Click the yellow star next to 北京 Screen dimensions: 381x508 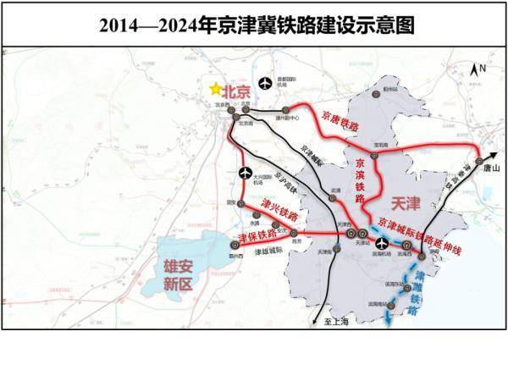point(217,88)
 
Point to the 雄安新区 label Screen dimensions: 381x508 point(179,276)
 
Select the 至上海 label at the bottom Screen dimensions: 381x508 point(337,322)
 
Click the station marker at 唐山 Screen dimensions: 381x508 point(478,159)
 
